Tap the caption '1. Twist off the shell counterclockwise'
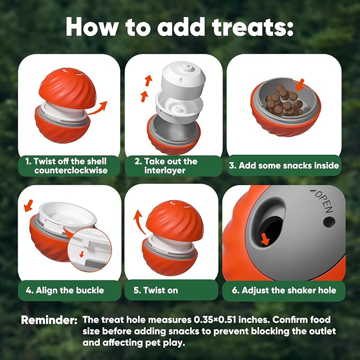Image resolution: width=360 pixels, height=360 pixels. tap(69, 165)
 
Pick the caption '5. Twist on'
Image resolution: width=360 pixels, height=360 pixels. tap(161, 290)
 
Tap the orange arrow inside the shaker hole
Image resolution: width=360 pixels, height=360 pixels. tap(265, 241)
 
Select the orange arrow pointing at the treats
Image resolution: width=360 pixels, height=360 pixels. tap(301, 84)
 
